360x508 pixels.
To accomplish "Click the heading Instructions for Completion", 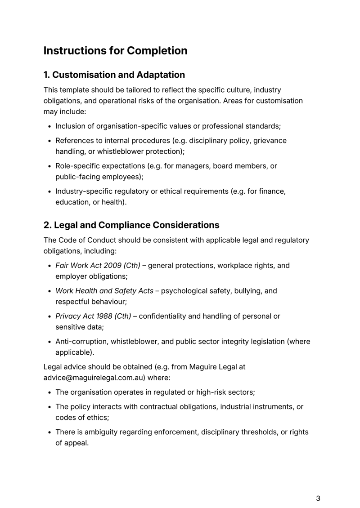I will (115, 51).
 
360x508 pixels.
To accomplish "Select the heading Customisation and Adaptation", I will (114, 75).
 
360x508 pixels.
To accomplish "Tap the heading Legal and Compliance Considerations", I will (131, 224).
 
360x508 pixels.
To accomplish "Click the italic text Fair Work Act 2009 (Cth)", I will (98, 265).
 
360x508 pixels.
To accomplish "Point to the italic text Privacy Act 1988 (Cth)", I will (93, 316).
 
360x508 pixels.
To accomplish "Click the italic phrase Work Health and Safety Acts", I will (104, 291).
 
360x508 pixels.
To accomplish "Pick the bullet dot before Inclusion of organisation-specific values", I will (50, 126).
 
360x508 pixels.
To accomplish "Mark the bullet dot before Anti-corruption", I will (50, 342).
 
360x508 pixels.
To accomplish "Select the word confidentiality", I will (164, 316).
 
